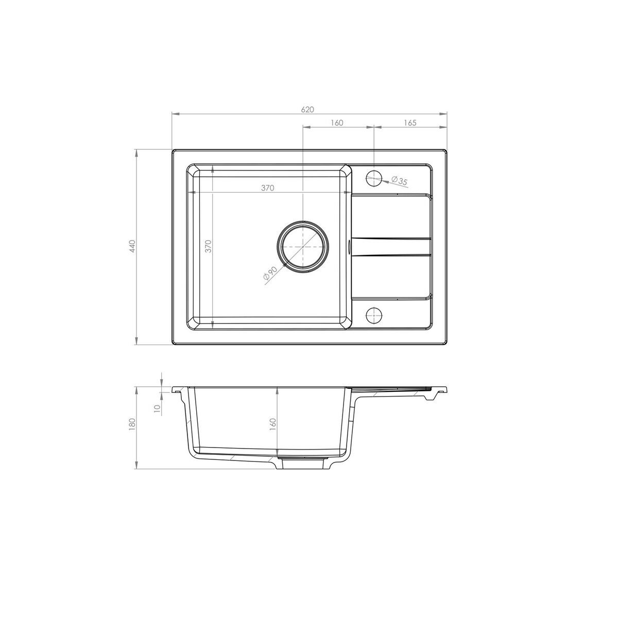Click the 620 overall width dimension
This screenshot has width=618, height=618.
pyautogui.click(x=307, y=110)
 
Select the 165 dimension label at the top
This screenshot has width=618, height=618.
pyautogui.click(x=410, y=123)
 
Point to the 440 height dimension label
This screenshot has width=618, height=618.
pyautogui.click(x=132, y=247)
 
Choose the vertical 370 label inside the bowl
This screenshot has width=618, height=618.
pyautogui.click(x=208, y=247)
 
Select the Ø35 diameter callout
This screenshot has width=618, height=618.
pyautogui.click(x=399, y=181)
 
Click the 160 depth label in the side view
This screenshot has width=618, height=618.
pyautogui.click(x=273, y=423)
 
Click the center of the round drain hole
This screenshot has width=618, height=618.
pyautogui.click(x=303, y=247)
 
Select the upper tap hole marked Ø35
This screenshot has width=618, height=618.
pyautogui.click(x=374, y=179)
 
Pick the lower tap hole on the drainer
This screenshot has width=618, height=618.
pyautogui.click(x=374, y=314)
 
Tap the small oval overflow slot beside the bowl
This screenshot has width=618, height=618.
pyautogui.click(x=350, y=247)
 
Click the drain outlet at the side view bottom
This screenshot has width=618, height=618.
pyautogui.click(x=303, y=462)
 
